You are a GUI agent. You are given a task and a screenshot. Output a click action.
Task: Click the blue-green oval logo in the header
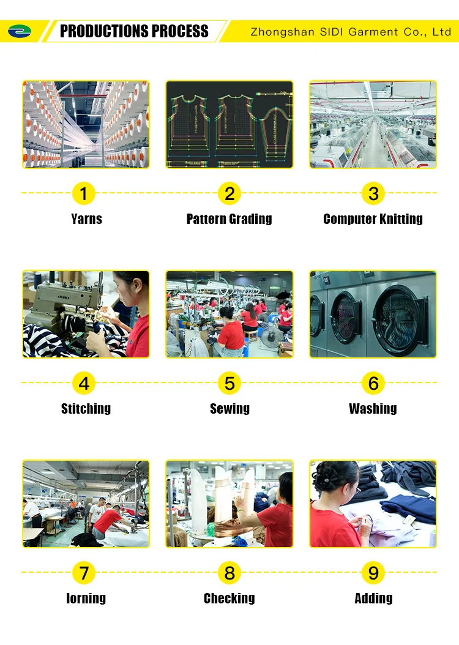(x=20, y=31)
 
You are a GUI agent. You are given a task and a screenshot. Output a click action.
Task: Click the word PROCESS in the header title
(x=180, y=31)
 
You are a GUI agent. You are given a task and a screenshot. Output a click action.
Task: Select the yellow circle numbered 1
(x=83, y=193)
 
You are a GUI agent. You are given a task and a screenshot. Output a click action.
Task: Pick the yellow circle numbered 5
(x=229, y=383)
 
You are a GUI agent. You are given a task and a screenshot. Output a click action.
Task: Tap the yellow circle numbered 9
(x=373, y=573)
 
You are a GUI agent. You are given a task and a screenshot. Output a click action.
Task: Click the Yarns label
(x=86, y=219)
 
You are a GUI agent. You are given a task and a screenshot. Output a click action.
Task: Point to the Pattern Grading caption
(x=229, y=219)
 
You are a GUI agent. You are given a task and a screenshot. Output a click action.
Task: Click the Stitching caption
(x=86, y=408)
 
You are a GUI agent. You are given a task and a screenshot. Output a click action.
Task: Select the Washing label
(x=373, y=408)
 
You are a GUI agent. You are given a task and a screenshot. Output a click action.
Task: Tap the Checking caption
(x=229, y=598)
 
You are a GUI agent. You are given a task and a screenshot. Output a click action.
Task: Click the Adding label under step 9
(x=373, y=598)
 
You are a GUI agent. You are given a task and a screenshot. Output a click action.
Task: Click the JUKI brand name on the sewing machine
(x=63, y=297)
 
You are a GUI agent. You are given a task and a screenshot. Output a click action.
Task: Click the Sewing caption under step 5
(x=229, y=408)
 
